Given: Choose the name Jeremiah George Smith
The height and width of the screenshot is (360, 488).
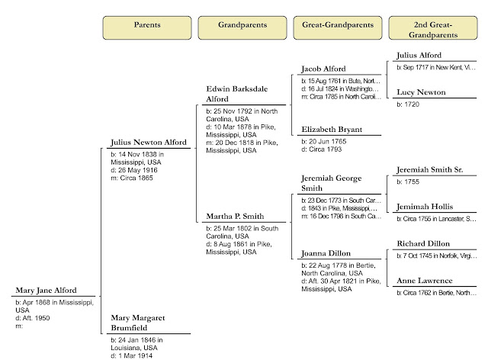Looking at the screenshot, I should click(330, 183).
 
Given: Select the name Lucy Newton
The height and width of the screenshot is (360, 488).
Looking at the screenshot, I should click(419, 92).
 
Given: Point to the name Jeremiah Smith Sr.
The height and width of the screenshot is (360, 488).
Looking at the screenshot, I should click(427, 170).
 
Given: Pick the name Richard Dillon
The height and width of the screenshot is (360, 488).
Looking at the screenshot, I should click(422, 244).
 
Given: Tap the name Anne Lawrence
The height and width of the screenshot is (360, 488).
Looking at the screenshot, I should click(424, 281).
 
